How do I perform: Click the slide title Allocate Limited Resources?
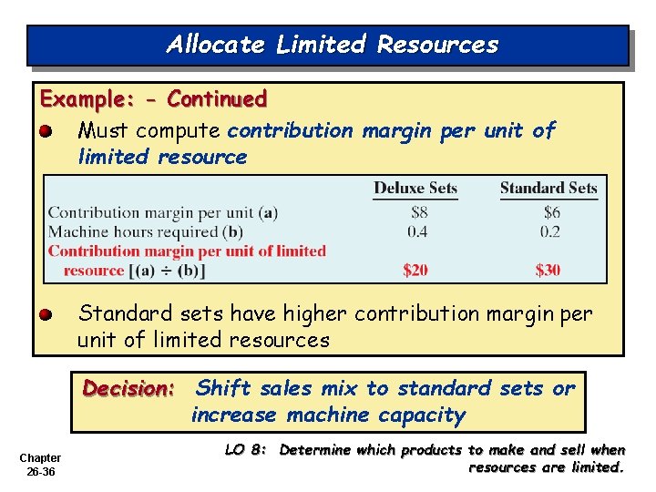(333, 45)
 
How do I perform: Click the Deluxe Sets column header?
(415, 189)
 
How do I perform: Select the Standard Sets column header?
(548, 189)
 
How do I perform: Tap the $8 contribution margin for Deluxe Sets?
(415, 213)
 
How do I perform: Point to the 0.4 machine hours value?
(415, 231)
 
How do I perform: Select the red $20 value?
(415, 270)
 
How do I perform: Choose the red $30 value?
(548, 270)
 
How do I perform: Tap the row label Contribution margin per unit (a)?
(162, 213)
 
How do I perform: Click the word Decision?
(128, 389)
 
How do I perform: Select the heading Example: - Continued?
(153, 98)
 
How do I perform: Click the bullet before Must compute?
(46, 132)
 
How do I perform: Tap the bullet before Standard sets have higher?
(46, 315)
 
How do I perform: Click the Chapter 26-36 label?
(40, 464)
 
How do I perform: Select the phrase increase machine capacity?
(328, 415)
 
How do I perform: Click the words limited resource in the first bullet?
(162, 157)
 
